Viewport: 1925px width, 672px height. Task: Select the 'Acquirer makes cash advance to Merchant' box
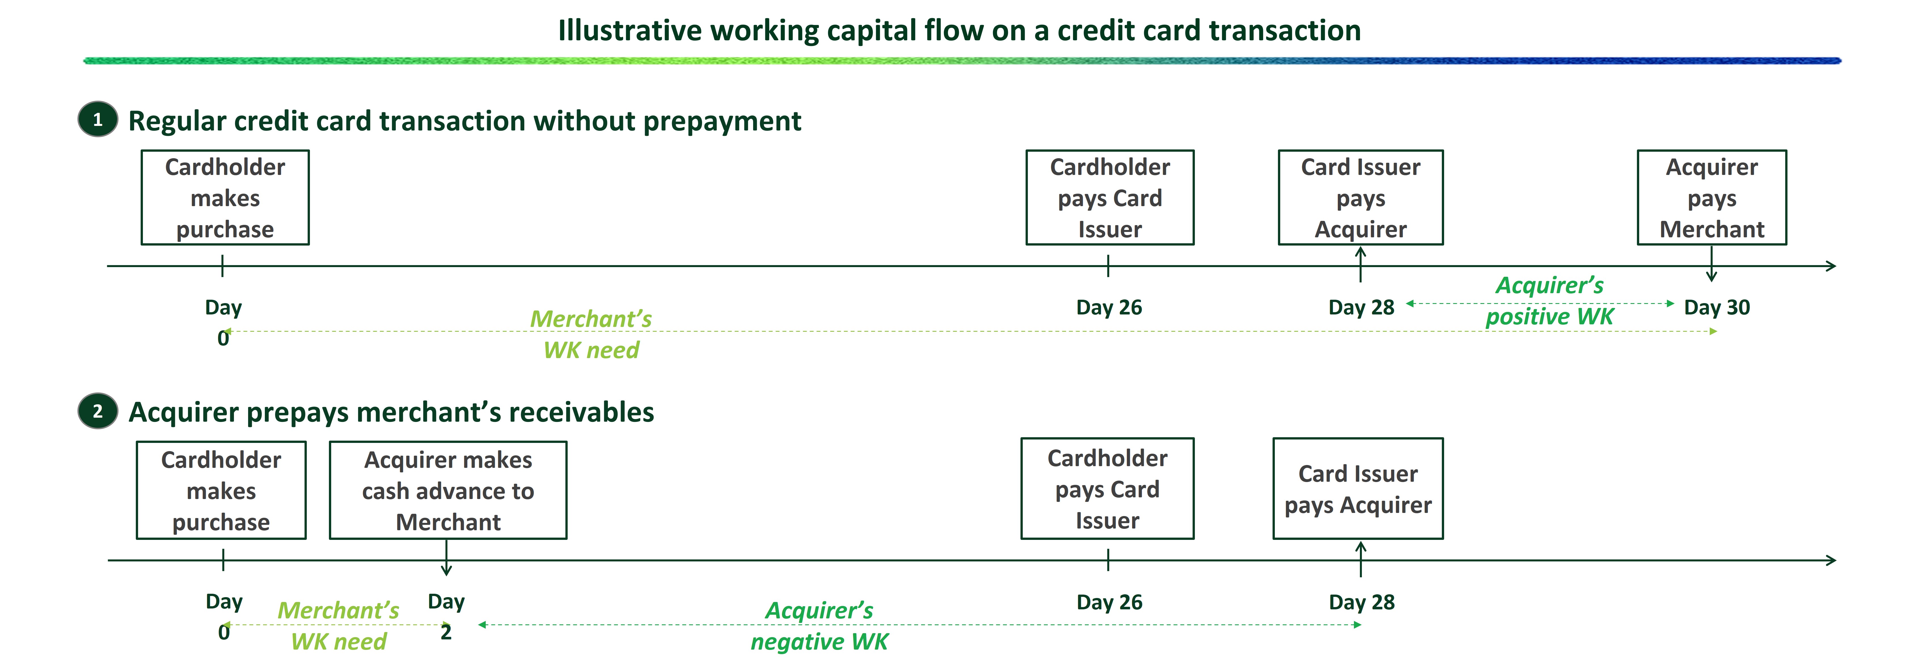point(448,490)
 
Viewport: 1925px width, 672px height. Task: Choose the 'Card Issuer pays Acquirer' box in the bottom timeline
point(1358,489)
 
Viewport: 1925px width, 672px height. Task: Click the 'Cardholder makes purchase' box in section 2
point(221,490)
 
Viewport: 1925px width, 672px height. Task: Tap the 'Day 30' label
point(1717,307)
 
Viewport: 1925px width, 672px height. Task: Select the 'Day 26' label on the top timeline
point(1109,307)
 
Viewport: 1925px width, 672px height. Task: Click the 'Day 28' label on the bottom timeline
point(1361,602)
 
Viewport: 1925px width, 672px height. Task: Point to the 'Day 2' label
point(446,617)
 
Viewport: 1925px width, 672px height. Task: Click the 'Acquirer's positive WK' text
point(1549,301)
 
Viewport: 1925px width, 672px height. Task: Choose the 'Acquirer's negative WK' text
point(819,626)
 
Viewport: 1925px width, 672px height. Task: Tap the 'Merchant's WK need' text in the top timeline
point(590,334)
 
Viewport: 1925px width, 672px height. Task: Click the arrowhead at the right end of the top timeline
point(1831,266)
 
